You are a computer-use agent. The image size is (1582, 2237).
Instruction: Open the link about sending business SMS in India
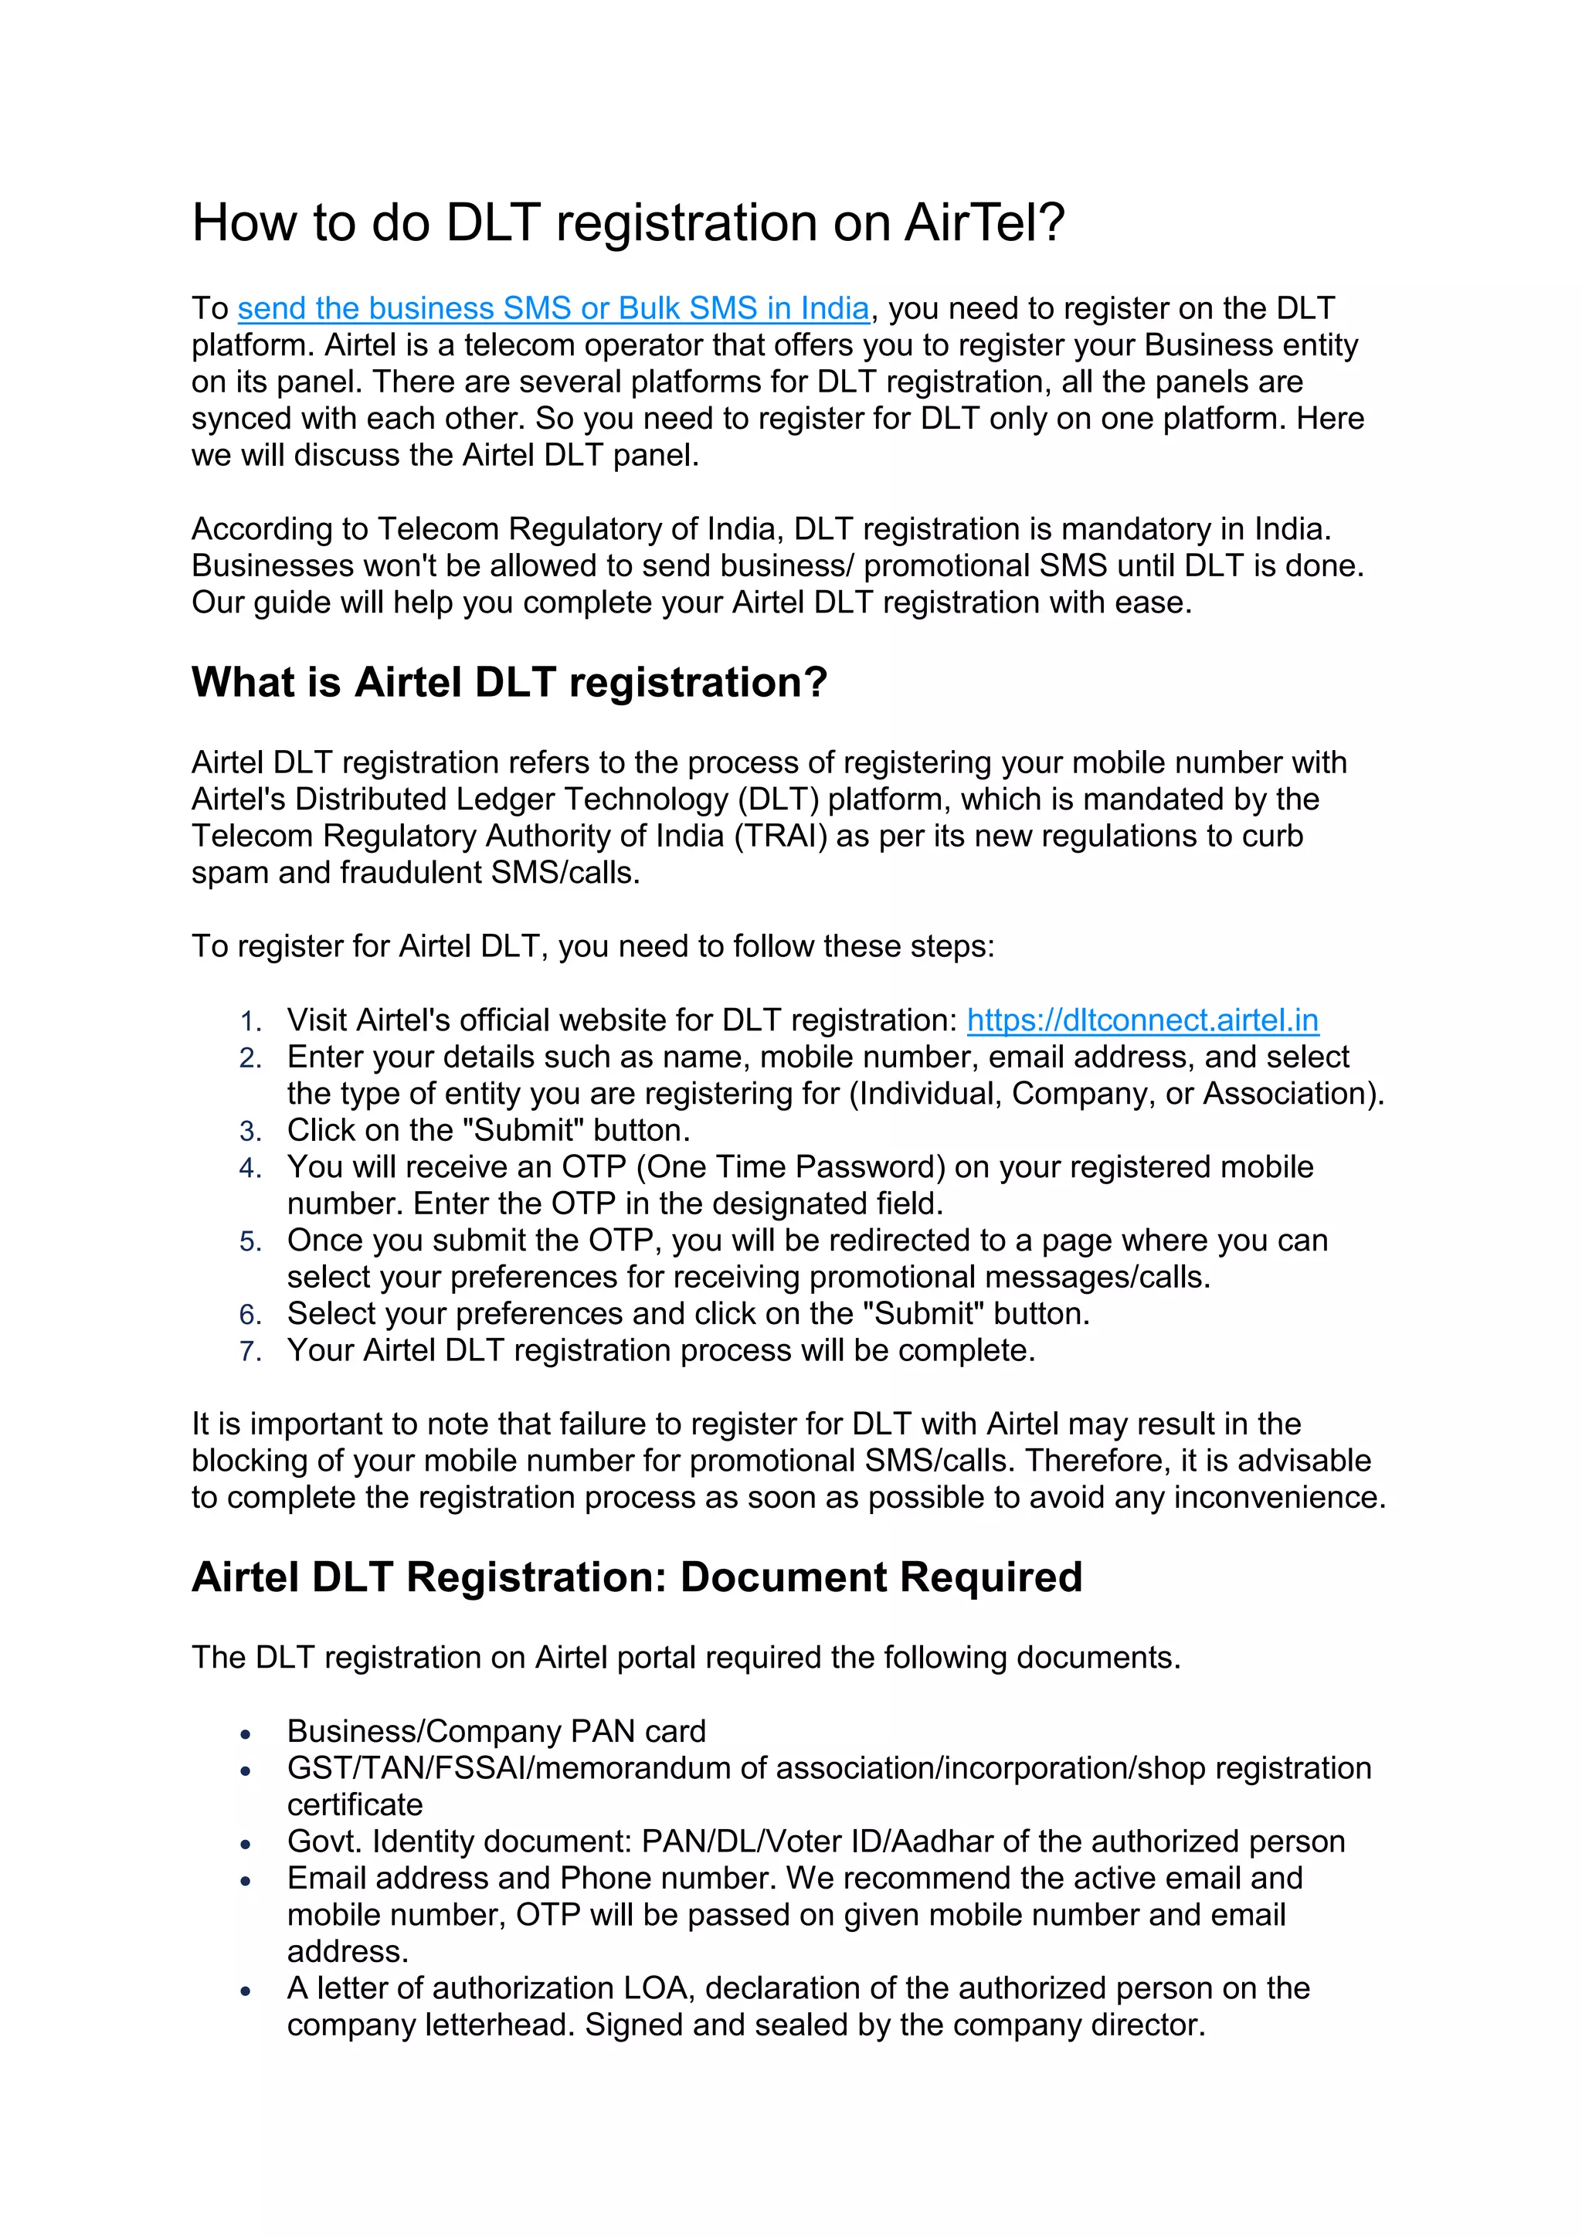(x=552, y=309)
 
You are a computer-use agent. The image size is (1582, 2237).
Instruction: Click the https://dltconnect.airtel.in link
(x=1142, y=1020)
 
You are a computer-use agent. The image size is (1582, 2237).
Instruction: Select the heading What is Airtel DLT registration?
(x=508, y=682)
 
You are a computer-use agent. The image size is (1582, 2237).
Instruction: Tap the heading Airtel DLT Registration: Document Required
(x=636, y=1577)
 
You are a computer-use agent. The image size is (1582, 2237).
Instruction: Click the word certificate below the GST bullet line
(x=355, y=1805)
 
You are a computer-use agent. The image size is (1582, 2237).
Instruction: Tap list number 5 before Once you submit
(x=250, y=1241)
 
